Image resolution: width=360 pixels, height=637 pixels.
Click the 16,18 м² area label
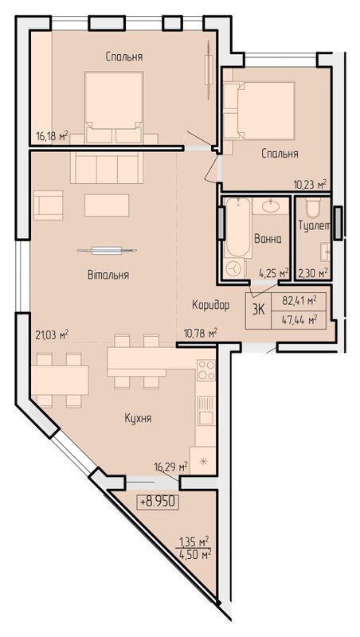tap(52, 135)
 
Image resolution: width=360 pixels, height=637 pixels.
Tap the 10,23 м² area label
tap(311, 185)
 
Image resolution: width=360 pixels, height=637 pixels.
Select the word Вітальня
tap(108, 275)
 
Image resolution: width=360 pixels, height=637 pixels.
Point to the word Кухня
tap(138, 419)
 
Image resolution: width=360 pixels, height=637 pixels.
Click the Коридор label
tap(211, 305)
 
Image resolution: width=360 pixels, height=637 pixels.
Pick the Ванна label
tap(268, 240)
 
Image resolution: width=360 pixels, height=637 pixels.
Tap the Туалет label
tap(313, 226)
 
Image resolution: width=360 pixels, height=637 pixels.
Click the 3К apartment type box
tap(259, 310)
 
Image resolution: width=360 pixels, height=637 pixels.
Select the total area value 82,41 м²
tap(299, 302)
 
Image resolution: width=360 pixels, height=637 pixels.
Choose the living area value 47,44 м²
tap(299, 320)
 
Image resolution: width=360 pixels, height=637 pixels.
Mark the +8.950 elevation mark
tap(158, 502)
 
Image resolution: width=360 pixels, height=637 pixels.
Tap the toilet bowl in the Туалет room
tap(313, 209)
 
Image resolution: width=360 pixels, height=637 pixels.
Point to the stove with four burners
tap(206, 370)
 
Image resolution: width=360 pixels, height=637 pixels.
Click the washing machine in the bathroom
tap(236, 269)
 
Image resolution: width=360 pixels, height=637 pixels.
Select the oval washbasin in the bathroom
tap(270, 206)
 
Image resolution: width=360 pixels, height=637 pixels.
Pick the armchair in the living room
tap(48, 205)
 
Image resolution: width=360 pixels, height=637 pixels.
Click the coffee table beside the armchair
tap(107, 205)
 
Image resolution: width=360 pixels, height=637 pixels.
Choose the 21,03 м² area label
tap(52, 335)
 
